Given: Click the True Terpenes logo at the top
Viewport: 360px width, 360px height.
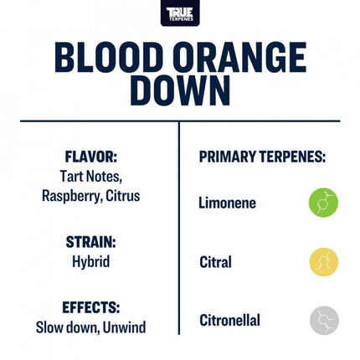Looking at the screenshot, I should coord(180,13).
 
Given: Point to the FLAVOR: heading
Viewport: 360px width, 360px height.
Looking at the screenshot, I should coord(91,157).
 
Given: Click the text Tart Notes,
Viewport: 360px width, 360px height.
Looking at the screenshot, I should coord(91,177).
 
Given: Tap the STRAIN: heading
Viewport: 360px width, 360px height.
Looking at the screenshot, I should coord(91,242).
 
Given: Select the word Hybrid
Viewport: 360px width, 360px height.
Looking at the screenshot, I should coord(91,261).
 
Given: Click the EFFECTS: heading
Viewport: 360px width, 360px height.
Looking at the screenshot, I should coord(91,307).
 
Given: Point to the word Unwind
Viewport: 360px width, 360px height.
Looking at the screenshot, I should coord(124,327).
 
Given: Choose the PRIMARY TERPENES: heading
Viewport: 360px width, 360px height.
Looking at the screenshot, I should coord(262,157).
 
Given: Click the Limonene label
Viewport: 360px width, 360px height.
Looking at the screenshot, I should coord(227,203).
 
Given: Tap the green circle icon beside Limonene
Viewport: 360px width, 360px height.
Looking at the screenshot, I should coord(323,203).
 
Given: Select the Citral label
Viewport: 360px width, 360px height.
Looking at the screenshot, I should coord(215,262).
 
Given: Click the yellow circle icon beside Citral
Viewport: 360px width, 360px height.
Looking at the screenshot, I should coord(323,262).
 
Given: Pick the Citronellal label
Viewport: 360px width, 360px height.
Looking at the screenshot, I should coord(229,320).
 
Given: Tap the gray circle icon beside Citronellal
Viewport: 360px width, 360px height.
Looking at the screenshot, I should coord(323,320).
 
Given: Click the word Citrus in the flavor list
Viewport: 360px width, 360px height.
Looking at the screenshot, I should coord(122,196).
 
